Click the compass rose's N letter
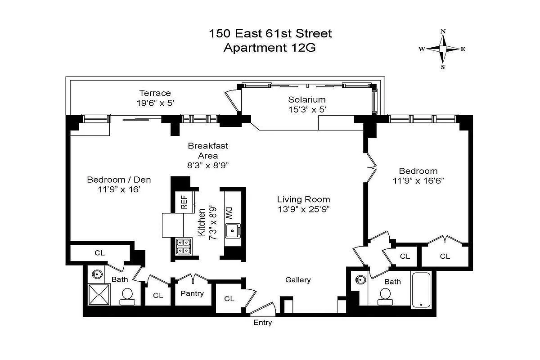[443, 31]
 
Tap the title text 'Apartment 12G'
[270, 48]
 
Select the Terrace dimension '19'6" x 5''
[155, 103]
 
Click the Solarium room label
[306, 99]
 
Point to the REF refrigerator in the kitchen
[184, 202]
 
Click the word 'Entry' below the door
[262, 323]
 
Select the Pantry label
[192, 293]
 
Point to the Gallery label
[298, 280]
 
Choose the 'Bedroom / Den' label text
[119, 180]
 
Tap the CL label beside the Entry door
[229, 298]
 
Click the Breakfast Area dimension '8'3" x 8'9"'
[208, 165]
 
